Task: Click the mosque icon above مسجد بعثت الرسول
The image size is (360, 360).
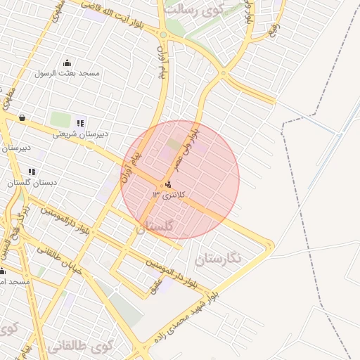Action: tap(67, 63)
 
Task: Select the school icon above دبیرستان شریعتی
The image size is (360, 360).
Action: tap(80, 123)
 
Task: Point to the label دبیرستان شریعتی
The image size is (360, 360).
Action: tap(75, 134)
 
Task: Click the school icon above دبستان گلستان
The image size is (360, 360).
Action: tap(32, 171)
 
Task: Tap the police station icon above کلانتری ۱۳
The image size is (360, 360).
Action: tap(167, 185)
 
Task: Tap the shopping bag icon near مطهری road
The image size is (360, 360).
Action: tap(22, 117)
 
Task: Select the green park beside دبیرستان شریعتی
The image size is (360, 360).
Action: tap(60, 120)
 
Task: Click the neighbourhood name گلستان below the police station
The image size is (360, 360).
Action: tap(153, 226)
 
